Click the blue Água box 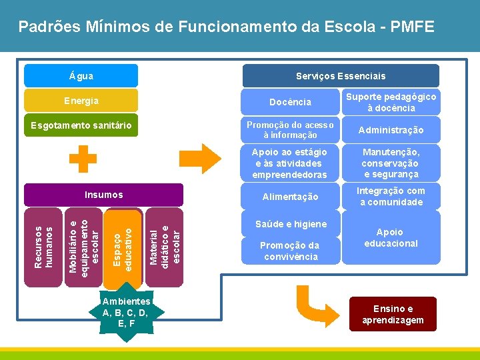[81, 76]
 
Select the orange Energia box [81, 101]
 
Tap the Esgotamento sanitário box [81, 125]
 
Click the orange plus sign [83, 159]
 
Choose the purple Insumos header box [103, 195]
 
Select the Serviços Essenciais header [340, 76]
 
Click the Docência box [290, 102]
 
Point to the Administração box [390, 129]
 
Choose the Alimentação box [290, 197]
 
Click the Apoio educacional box [390, 237]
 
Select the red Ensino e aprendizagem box [393, 314]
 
